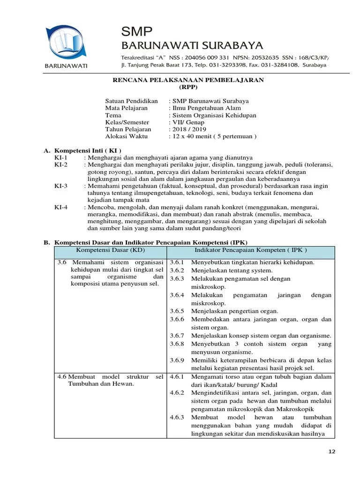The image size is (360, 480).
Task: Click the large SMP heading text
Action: coord(137,32)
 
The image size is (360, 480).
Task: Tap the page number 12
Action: coord(332,451)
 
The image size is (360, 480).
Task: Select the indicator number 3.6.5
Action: coord(177,311)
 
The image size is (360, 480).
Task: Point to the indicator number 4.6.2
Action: coord(177,392)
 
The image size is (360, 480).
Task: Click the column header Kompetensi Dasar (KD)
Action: coord(110,250)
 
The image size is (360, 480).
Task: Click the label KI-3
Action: coord(61,186)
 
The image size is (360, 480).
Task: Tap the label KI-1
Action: coord(61,158)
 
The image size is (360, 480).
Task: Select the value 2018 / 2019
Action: coord(189,129)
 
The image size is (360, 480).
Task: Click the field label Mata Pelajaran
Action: coord(126,108)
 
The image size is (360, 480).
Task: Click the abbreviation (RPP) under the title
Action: coord(188,87)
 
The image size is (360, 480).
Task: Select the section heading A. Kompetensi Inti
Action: coord(82,150)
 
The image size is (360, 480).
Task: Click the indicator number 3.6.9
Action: coord(177,360)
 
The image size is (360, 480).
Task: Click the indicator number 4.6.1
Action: coord(177,376)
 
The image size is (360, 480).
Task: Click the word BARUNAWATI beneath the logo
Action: coord(66,66)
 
